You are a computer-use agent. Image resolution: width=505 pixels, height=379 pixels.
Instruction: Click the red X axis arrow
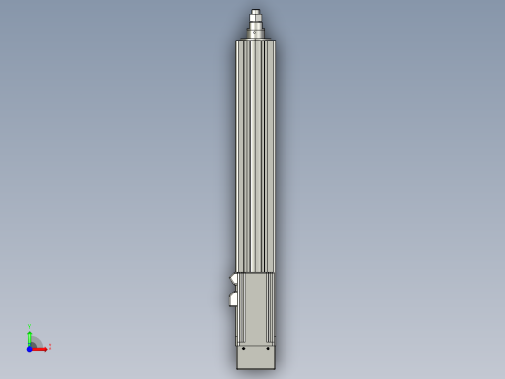click(41, 347)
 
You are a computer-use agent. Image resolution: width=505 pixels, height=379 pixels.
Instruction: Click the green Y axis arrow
click(30, 335)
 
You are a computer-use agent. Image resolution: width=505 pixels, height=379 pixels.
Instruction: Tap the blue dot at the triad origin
click(30, 347)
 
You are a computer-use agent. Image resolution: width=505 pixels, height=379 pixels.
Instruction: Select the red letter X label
click(50, 346)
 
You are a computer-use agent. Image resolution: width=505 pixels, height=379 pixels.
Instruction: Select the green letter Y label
click(30, 327)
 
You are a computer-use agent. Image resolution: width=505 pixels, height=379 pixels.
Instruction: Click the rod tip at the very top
click(255, 11)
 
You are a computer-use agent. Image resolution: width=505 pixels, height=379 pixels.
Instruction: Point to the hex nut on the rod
click(255, 17)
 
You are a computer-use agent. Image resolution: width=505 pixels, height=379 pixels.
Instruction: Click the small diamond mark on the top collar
click(255, 32)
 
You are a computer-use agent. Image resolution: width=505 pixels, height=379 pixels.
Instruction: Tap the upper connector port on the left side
click(233, 281)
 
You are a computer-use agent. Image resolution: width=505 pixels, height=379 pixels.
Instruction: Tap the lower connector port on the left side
click(233, 299)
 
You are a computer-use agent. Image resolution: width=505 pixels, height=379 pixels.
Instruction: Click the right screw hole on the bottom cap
click(268, 348)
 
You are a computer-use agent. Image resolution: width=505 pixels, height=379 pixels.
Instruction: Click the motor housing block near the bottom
click(256, 306)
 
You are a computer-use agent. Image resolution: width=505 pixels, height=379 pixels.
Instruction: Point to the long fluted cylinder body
click(255, 155)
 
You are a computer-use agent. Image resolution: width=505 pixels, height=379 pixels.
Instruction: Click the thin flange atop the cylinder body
click(255, 40)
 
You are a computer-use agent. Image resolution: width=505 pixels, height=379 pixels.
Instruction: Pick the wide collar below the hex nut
click(255, 32)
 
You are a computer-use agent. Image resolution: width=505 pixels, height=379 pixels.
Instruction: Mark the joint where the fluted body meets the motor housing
click(255, 272)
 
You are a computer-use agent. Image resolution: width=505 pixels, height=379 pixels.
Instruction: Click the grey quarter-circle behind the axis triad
click(36, 341)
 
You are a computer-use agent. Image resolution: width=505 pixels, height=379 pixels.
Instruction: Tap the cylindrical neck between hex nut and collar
click(255, 24)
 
